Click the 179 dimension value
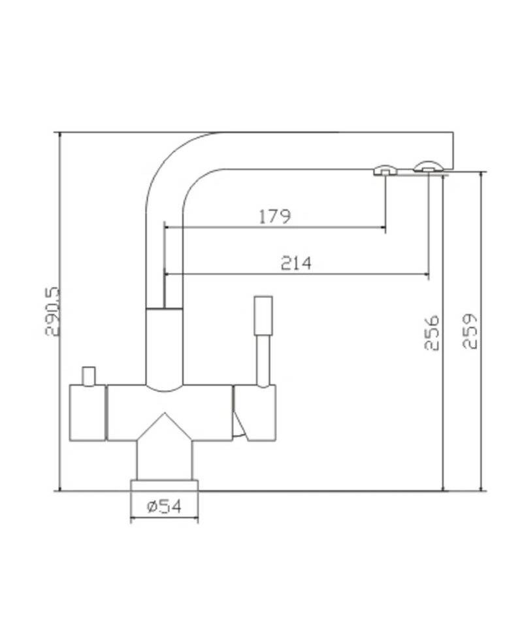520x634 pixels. pos(274,216)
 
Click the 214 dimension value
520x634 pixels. pos(296,263)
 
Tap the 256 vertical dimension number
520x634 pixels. pos(432,333)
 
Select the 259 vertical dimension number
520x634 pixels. pos(470,331)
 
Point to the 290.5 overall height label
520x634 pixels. pos(52,311)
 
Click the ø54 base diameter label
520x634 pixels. pos(165,506)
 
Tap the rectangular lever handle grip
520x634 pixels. pos(263,316)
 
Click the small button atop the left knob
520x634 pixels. pos(88,376)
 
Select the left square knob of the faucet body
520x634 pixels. pos(88,413)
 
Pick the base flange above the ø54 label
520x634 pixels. pos(164,486)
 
